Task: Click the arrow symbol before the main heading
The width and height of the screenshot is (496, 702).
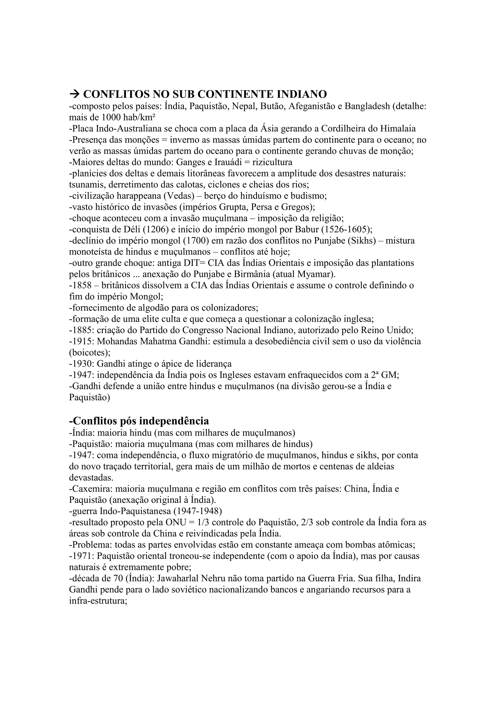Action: point(75,94)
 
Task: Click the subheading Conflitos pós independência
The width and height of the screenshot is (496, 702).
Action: point(139,421)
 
